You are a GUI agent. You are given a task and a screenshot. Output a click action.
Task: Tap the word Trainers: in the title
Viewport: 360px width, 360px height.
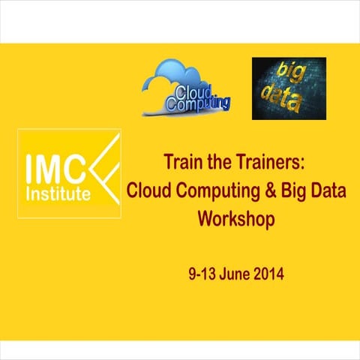point(259,163)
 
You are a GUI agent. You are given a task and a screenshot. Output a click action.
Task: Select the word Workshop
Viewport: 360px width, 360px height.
point(236,220)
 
